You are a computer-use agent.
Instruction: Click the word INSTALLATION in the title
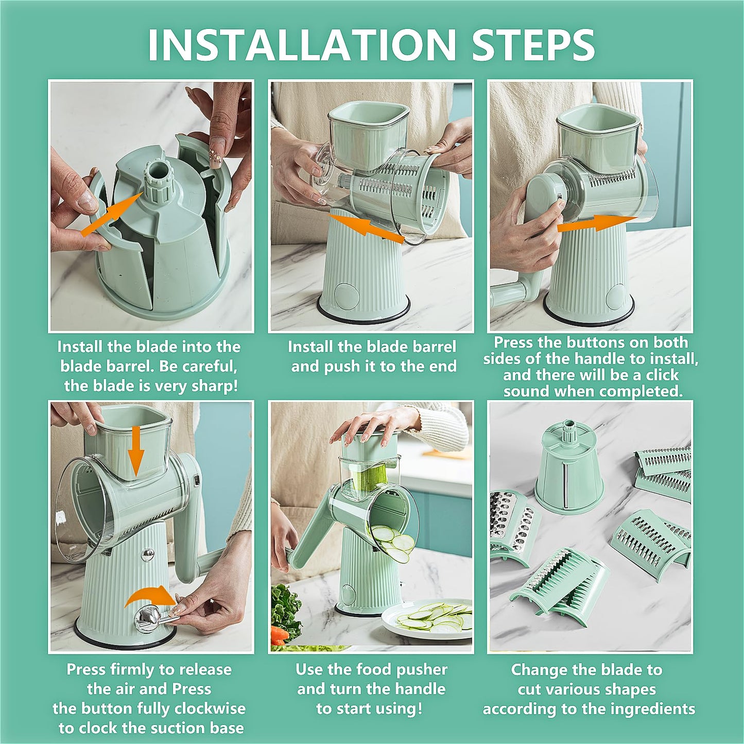pos(301,45)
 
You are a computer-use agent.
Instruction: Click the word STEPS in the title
pos(533,45)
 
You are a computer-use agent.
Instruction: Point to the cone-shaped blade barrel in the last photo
pos(569,471)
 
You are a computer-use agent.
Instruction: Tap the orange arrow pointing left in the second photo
pos(366,228)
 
